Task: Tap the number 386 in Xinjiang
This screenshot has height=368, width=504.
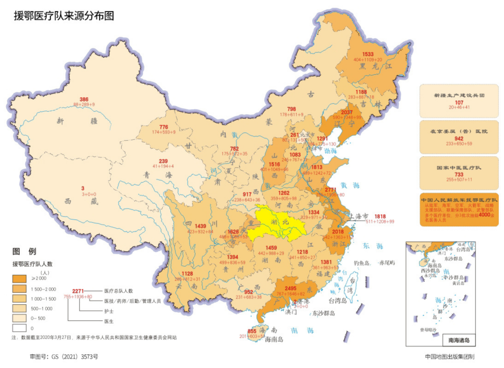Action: (84, 99)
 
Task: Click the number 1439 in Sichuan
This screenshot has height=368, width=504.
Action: (201, 226)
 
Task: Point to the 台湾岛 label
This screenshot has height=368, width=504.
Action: (342, 300)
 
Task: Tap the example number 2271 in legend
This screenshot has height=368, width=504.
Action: (78, 291)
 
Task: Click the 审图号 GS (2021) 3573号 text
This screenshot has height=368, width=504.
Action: (64, 356)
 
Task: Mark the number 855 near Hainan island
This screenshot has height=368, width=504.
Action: (252, 331)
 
